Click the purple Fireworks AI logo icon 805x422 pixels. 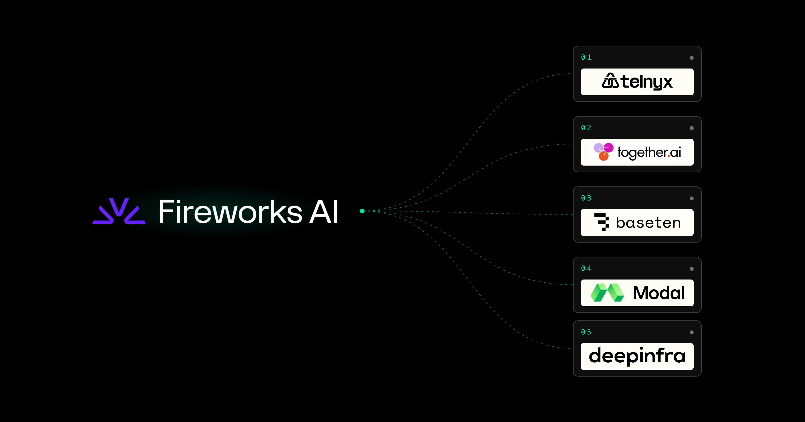point(119,211)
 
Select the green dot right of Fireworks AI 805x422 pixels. point(362,211)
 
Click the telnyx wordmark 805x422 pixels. point(646,81)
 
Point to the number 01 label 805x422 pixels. point(586,57)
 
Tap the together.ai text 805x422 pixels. point(649,152)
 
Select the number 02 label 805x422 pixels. point(586,128)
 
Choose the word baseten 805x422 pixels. point(648,223)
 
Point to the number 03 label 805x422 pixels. point(586,198)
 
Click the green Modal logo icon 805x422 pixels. point(607,293)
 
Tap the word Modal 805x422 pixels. point(659,293)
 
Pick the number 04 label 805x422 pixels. point(586,268)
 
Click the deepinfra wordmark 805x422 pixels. point(637,356)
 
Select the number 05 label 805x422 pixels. point(586,332)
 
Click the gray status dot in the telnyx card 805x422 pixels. point(692,58)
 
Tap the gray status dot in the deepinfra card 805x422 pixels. point(692,332)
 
